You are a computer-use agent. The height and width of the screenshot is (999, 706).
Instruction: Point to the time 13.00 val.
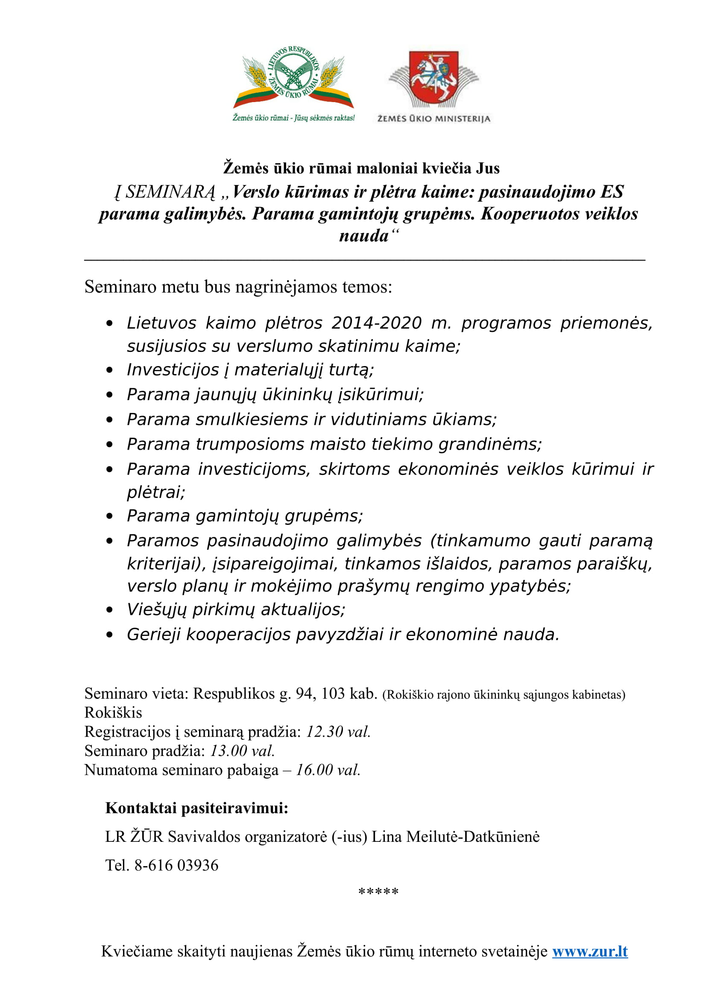242,751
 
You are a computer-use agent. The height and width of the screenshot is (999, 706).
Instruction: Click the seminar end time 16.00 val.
328,770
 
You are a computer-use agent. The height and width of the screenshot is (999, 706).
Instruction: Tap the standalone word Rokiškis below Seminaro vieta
113,713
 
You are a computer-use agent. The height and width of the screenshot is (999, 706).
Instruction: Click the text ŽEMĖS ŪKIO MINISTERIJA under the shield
433,119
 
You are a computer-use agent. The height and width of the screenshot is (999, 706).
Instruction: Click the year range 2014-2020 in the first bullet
376,323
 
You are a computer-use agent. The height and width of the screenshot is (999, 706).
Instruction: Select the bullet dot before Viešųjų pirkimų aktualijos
110,610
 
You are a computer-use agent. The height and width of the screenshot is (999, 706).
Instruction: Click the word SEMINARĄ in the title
170,192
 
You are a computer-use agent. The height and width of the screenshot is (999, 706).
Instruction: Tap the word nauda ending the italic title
363,236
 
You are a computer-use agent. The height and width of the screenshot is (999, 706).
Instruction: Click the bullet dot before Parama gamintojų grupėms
110,516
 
